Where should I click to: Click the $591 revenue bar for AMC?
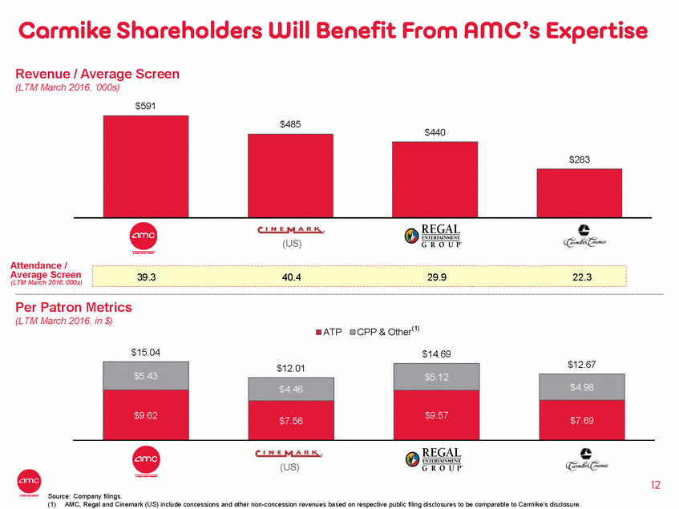tap(145, 166)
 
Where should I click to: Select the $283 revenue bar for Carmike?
tap(579, 192)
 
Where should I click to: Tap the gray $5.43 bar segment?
tap(145, 375)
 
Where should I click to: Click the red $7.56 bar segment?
tap(289, 420)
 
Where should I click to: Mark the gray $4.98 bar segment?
tap(579, 387)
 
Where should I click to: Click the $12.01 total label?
tap(289, 368)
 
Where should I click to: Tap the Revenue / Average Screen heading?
tap(96, 74)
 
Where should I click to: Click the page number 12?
tap(655, 484)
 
